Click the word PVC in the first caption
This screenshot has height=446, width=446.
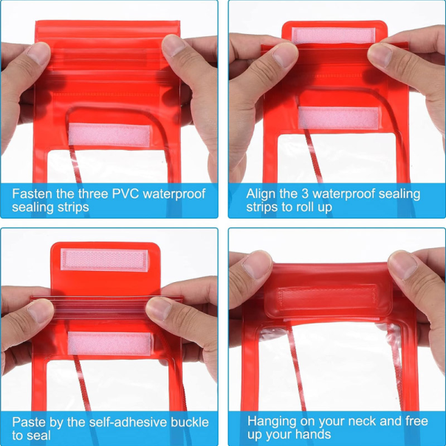[125, 193]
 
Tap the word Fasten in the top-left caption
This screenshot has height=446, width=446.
[32, 193]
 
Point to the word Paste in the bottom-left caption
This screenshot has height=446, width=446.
[29, 422]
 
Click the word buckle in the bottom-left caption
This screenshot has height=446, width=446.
[190, 422]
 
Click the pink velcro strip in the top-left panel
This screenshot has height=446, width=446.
[109, 135]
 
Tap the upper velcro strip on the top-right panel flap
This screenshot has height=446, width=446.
[333, 35]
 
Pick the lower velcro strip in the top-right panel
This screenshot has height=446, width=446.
[338, 118]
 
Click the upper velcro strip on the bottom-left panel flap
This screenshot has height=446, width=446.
[104, 259]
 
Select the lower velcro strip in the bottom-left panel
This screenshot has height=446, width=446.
[110, 343]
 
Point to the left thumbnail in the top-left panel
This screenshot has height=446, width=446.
[38, 53]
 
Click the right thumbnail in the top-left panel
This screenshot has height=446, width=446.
[174, 46]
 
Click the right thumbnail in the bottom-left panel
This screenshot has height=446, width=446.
[159, 308]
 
